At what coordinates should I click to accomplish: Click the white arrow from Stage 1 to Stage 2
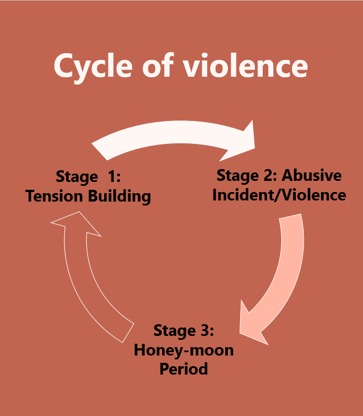pyautogui.click(x=168, y=134)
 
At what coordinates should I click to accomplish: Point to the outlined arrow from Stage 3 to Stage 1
pyautogui.click(x=84, y=280)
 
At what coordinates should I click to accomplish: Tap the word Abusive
pyautogui.click(x=311, y=175)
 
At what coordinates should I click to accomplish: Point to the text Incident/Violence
pyautogui.click(x=281, y=195)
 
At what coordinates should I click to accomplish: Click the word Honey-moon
pyautogui.click(x=183, y=350)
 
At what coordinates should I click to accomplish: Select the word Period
pyautogui.click(x=183, y=370)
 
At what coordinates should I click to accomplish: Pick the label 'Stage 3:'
pyautogui.click(x=183, y=330)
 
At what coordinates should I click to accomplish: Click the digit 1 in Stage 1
pyautogui.click(x=110, y=177)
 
